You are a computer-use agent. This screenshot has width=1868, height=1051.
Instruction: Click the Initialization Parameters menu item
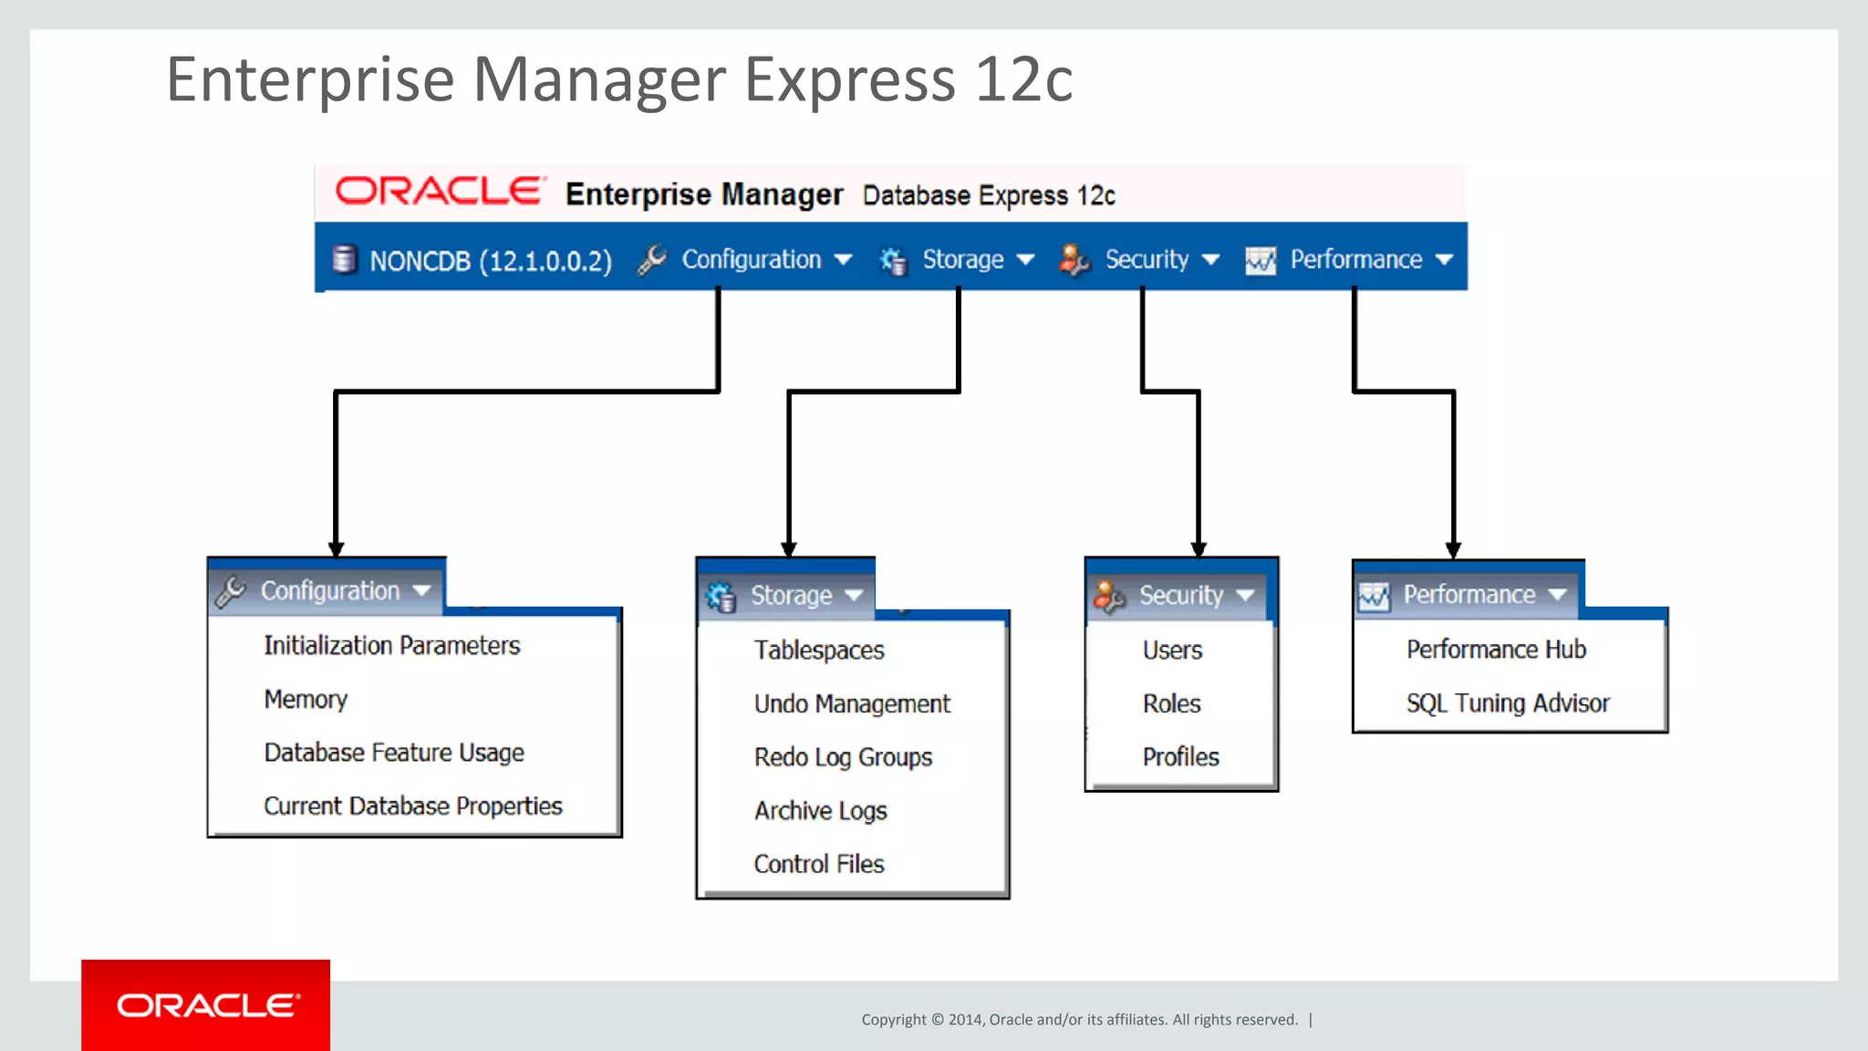tap(391, 646)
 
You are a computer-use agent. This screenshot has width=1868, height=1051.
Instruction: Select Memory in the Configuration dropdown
tap(306, 700)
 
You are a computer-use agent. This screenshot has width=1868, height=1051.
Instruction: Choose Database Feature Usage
tap(394, 753)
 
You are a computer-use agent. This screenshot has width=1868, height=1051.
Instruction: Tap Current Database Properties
tap(412, 806)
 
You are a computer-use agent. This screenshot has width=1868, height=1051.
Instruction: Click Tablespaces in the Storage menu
tap(818, 650)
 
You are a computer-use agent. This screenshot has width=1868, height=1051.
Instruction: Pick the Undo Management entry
tap(851, 704)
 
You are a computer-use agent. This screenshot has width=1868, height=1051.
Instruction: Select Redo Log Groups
tap(843, 757)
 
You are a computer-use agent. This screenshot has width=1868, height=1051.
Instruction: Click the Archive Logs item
tap(820, 811)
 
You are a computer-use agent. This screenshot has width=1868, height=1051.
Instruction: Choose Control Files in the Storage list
tap(818, 864)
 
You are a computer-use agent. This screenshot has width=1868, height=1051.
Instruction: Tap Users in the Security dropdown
tap(1172, 650)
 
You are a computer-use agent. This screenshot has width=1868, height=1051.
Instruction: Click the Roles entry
tap(1171, 704)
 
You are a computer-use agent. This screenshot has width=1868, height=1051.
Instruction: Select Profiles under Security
tap(1180, 757)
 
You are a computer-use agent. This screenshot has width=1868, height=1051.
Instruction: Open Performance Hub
tap(1496, 650)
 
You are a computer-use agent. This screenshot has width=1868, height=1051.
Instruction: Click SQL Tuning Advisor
tap(1507, 703)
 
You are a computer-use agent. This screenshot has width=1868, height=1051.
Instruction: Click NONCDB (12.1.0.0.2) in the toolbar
tap(490, 262)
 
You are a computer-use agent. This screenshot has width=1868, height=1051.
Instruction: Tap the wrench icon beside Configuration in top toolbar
tap(652, 260)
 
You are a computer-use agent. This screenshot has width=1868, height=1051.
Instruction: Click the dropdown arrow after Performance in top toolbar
tap(1444, 260)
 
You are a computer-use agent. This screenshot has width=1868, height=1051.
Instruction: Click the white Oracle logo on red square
tap(206, 1005)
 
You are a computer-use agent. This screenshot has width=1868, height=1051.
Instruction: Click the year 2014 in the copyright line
tap(964, 1020)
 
